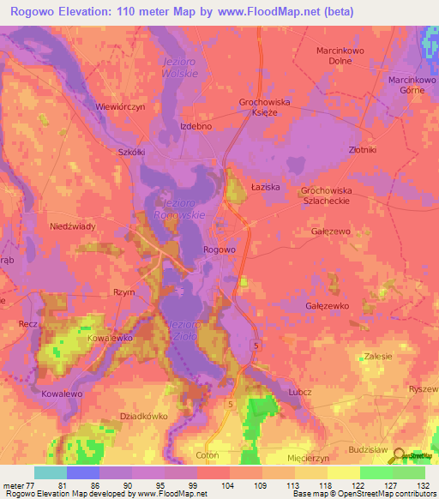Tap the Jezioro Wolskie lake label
tap(181, 68)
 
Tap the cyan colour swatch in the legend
tap(50, 472)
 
